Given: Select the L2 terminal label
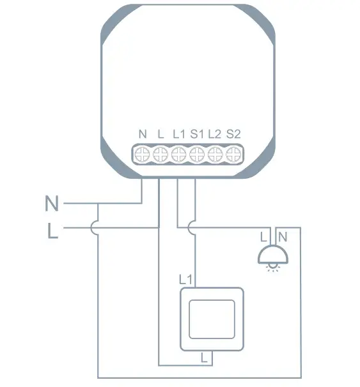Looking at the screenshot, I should tap(214, 135).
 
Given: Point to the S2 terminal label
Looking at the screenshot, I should tap(233, 135).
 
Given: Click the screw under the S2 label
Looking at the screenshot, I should tap(235, 153).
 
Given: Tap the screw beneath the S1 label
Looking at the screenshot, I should tap(198, 153).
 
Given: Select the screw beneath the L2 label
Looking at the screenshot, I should tap(216, 153).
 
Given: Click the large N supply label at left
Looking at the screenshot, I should tap(52, 204).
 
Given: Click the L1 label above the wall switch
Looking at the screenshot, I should tap(185, 279).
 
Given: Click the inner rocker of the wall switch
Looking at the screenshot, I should tap(212, 319).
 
